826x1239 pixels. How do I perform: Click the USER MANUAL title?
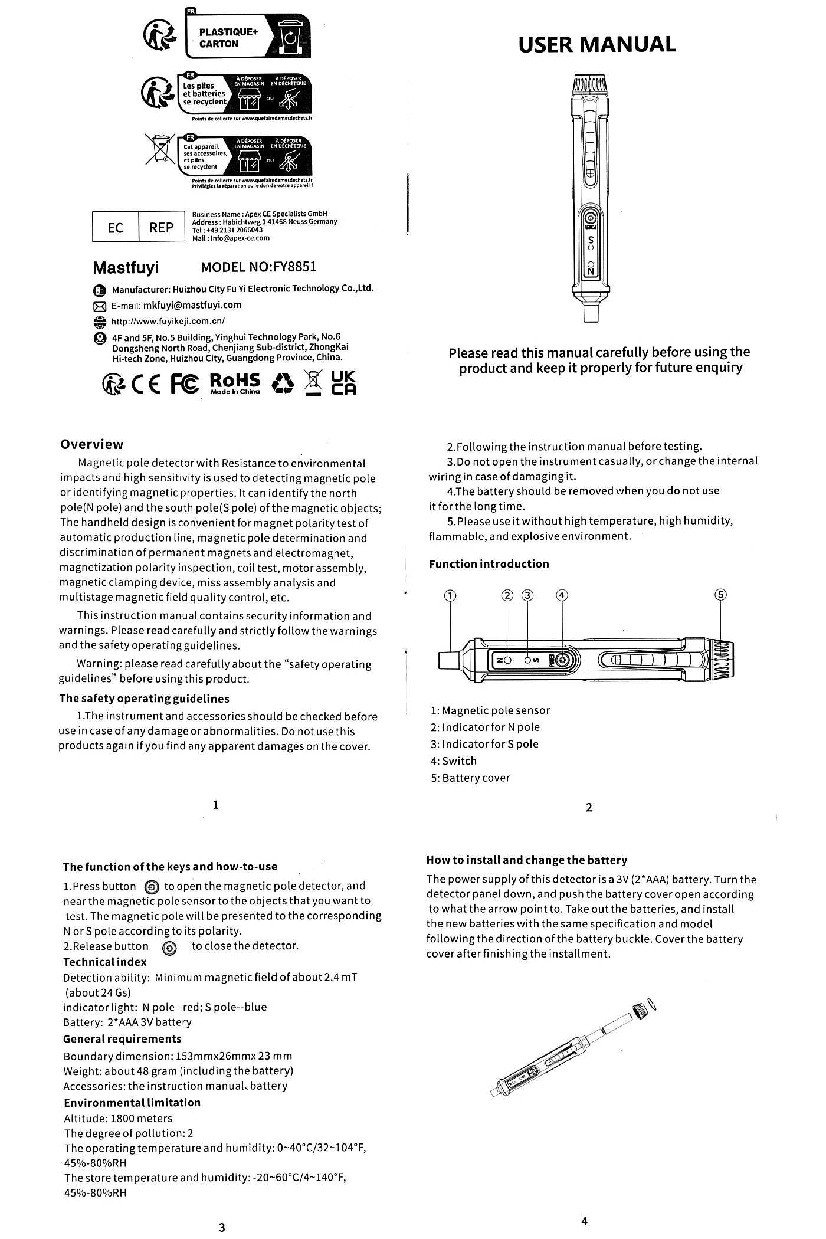596,45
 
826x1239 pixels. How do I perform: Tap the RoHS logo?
235,383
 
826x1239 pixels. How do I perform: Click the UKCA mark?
343,383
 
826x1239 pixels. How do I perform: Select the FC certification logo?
185,383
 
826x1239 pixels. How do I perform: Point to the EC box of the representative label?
116,228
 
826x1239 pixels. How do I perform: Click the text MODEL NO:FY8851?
258,267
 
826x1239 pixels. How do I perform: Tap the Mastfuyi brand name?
126,268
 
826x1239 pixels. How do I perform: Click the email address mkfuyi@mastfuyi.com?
192,305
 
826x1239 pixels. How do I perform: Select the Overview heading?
92,445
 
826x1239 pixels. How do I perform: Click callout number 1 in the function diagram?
450,595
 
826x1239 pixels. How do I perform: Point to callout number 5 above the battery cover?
720,595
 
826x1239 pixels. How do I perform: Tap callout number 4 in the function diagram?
562,595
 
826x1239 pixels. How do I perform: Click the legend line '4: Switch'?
453,761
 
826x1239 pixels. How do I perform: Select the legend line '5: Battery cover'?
470,778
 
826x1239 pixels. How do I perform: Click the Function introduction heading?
489,564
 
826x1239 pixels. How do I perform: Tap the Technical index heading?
105,962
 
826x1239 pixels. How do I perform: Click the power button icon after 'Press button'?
151,887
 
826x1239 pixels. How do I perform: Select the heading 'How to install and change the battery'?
526,860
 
